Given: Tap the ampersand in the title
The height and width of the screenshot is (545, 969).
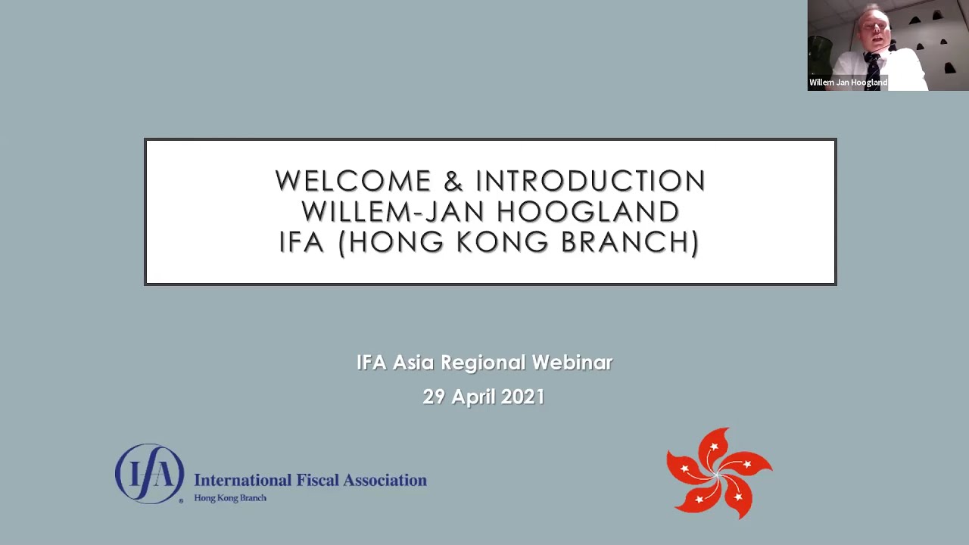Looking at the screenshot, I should pos(453,182).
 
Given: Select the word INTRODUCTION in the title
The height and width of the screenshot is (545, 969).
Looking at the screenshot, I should pos(590,182).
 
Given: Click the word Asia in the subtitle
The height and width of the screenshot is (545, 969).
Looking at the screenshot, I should pos(413,363).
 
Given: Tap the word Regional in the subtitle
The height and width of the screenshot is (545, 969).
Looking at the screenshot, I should pos(483,363).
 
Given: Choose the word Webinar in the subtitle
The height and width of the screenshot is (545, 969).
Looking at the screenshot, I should pos(572,363).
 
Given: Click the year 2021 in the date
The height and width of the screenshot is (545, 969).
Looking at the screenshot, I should pos(522,397).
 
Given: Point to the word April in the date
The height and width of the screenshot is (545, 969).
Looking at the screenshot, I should pos(472,397).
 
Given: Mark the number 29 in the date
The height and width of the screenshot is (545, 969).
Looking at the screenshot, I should pos(434,397).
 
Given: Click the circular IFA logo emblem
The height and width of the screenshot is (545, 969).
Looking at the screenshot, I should pos(149,474).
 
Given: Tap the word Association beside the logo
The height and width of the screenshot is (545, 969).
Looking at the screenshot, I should pos(385,480).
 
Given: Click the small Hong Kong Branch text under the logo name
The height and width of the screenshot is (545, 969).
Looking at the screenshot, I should pos(230,498).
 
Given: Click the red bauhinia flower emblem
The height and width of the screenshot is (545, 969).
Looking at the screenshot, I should pos(718,474).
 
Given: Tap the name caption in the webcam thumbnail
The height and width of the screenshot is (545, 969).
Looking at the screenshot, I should pos(848,83).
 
